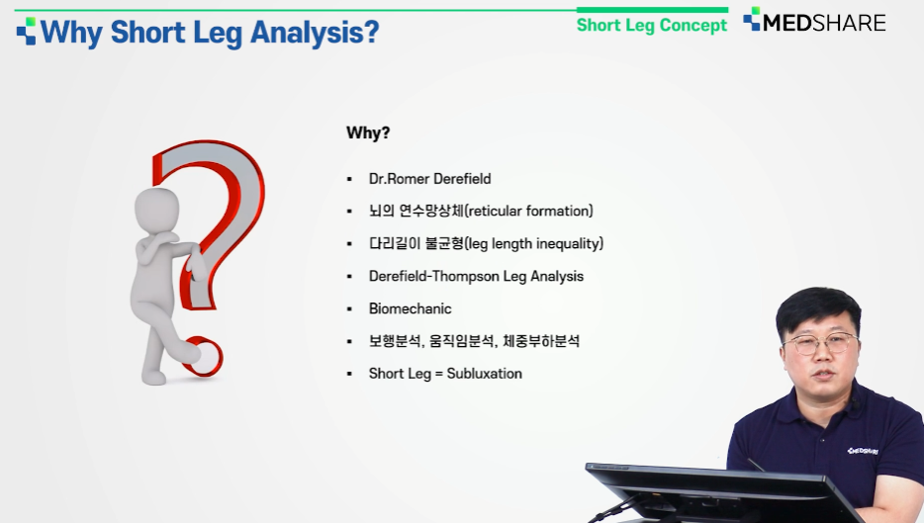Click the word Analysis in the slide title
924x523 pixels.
tap(314, 33)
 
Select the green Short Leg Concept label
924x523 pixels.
tap(652, 26)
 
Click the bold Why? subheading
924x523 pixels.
tap(368, 132)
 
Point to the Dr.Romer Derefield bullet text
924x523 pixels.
tap(429, 179)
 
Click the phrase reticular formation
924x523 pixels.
tap(528, 211)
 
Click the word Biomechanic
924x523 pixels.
tap(411, 308)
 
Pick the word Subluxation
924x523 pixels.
tap(485, 374)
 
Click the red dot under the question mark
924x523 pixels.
tap(204, 356)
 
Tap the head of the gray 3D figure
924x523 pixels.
tap(156, 211)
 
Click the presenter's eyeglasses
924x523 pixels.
tap(820, 343)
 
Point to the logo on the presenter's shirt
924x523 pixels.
tap(863, 451)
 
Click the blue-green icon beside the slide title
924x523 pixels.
tap(26, 31)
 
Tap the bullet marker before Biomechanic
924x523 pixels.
tap(349, 309)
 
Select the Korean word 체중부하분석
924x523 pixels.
tap(541, 341)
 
